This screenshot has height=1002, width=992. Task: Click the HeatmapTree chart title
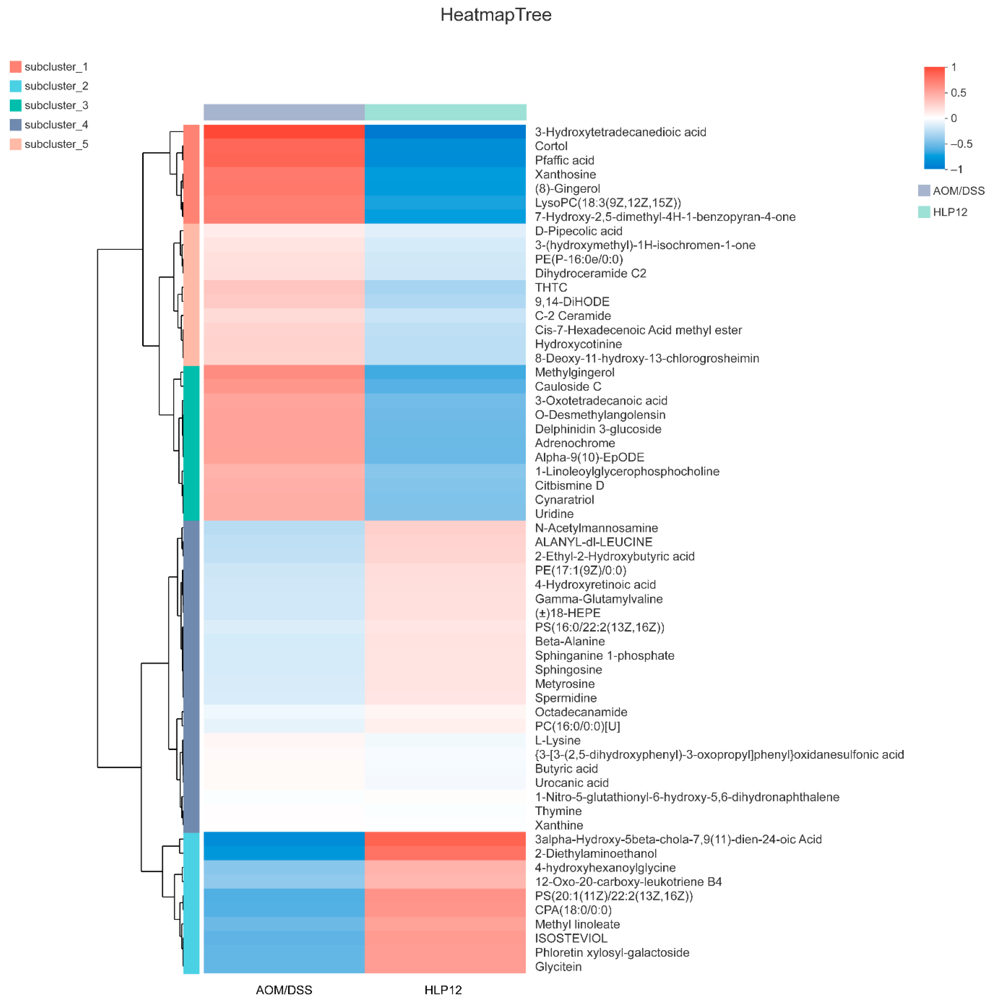click(x=496, y=15)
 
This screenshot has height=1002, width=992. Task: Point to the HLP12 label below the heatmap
click(x=443, y=990)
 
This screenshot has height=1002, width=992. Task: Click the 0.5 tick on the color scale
click(x=958, y=93)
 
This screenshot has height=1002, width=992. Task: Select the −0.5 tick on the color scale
click(x=960, y=144)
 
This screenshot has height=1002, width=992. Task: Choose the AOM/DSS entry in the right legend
click(x=958, y=191)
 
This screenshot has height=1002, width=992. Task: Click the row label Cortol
click(x=551, y=146)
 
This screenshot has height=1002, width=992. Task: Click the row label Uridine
click(x=554, y=514)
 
